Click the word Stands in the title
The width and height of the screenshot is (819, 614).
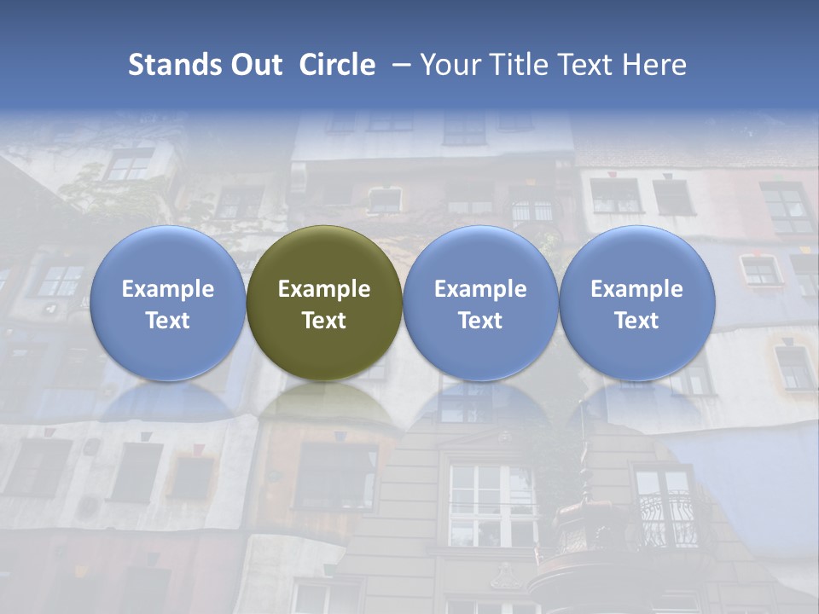(x=171, y=65)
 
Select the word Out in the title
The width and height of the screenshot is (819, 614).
(x=253, y=65)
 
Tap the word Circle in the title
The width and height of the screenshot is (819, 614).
(x=337, y=65)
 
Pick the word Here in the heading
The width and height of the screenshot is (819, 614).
(x=654, y=65)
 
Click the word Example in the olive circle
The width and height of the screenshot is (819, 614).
(x=324, y=289)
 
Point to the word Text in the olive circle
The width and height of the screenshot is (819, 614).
(x=324, y=321)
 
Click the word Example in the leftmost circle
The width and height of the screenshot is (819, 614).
(x=168, y=289)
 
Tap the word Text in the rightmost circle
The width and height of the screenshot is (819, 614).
(x=637, y=321)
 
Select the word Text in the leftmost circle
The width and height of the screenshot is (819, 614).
(x=168, y=321)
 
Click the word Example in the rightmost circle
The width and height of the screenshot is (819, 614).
(x=637, y=289)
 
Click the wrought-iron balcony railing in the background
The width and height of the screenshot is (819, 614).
(x=670, y=520)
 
